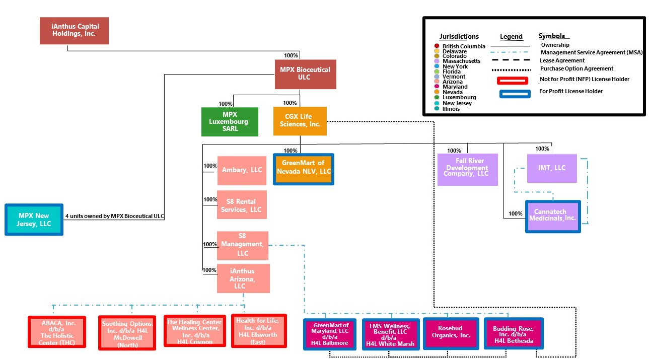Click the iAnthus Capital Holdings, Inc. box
(74, 31)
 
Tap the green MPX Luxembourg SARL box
(230, 121)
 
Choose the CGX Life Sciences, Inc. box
(300, 121)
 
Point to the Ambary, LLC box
(242, 170)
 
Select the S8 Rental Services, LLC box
(242, 205)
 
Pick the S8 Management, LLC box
(242, 245)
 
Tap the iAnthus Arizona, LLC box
(243, 278)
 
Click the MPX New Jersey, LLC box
(34, 219)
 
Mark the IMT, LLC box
(552, 168)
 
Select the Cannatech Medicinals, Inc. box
(552, 217)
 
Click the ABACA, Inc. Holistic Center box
(57, 332)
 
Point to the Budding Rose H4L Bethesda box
(514, 334)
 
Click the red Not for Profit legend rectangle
(512, 81)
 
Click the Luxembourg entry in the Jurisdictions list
(458, 98)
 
